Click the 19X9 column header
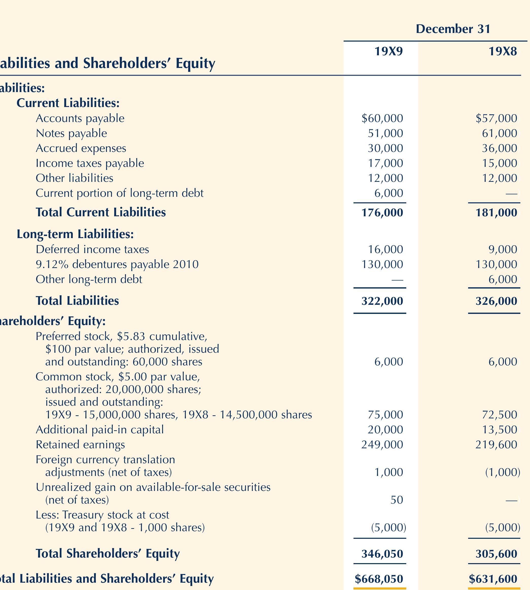point(388,51)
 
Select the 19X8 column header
point(503,51)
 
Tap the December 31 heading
point(453,29)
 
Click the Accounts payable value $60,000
point(382,118)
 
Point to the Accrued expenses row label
point(81,148)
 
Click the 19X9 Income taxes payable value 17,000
point(385,163)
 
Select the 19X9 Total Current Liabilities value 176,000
point(382,212)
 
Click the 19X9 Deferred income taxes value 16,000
point(385,249)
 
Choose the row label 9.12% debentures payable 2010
point(117,264)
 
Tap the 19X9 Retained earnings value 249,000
point(382,445)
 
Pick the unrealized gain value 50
point(397,500)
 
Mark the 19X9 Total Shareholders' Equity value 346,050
point(382,553)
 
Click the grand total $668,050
point(379,579)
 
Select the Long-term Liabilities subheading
point(75,234)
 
